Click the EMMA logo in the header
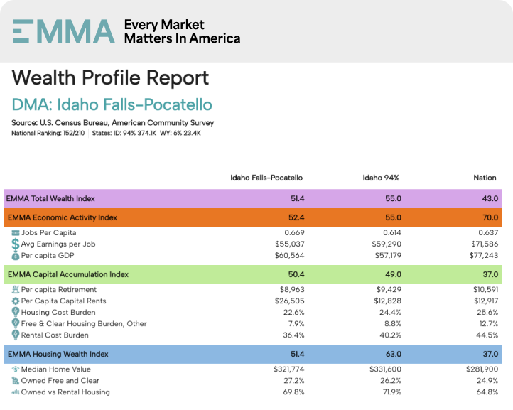click(x=63, y=31)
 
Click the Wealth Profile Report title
click(x=110, y=77)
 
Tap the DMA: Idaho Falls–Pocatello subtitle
click(x=112, y=104)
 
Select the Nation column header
click(x=485, y=177)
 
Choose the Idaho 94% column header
click(x=381, y=177)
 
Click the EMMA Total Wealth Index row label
click(x=50, y=198)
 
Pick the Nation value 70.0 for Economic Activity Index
click(x=487, y=217)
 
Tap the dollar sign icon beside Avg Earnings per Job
click(x=16, y=244)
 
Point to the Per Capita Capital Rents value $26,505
click(x=288, y=301)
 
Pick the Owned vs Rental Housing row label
click(x=65, y=392)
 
